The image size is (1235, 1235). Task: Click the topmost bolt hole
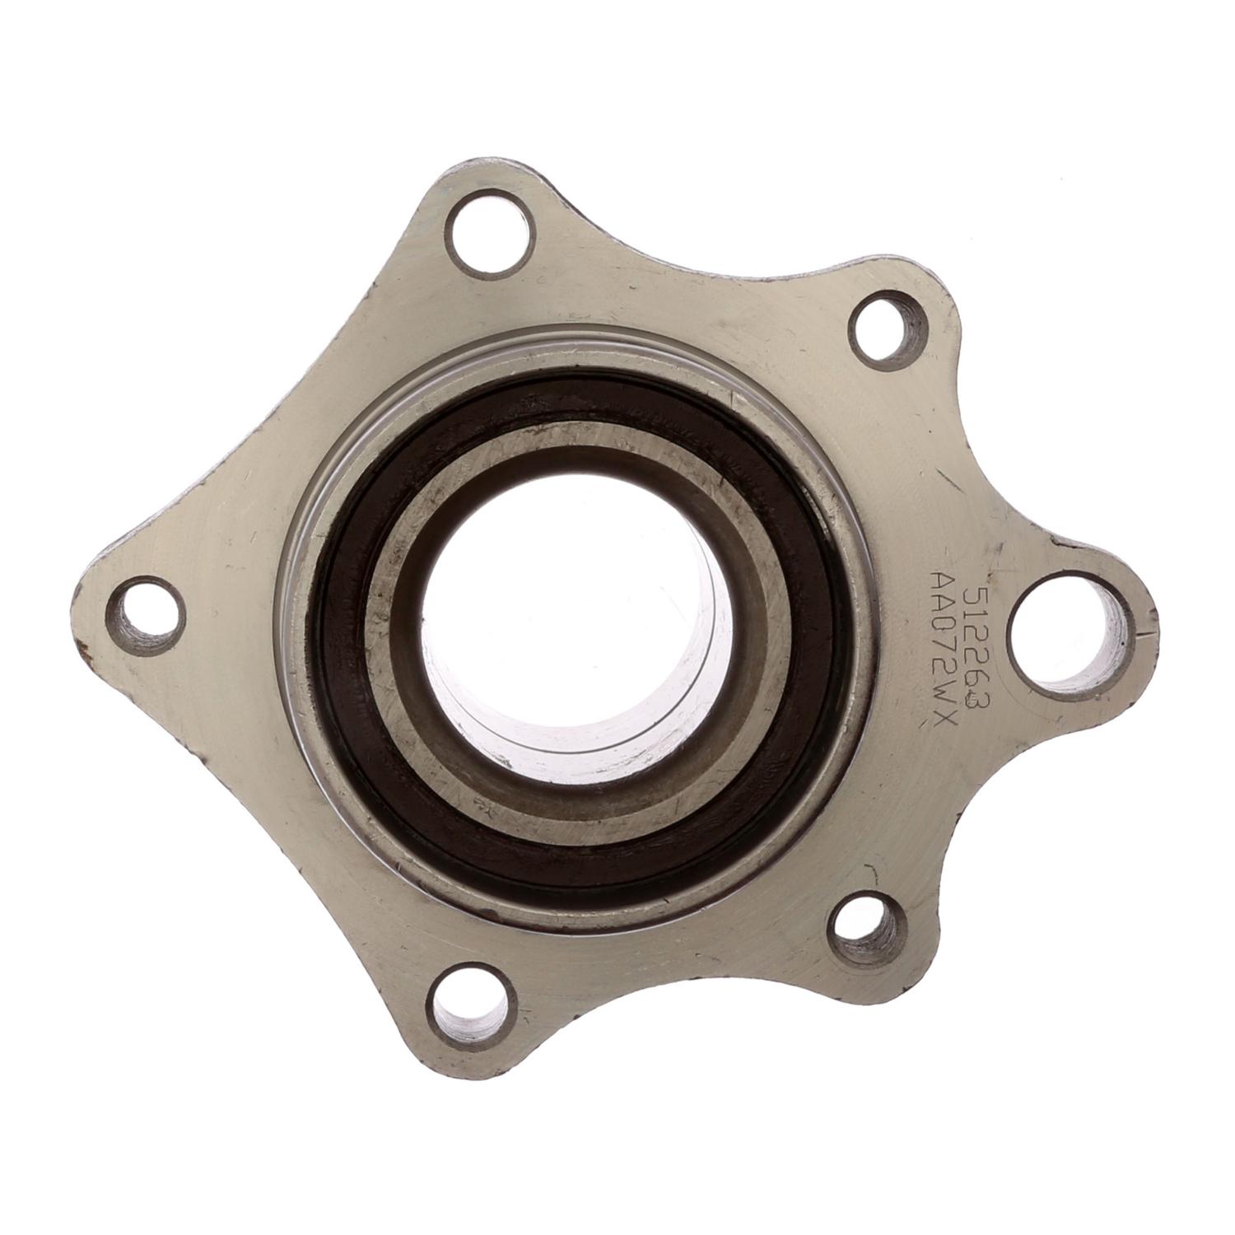click(x=487, y=225)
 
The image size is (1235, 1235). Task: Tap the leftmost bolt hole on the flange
click(x=145, y=616)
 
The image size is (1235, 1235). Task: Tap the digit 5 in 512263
click(x=974, y=594)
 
